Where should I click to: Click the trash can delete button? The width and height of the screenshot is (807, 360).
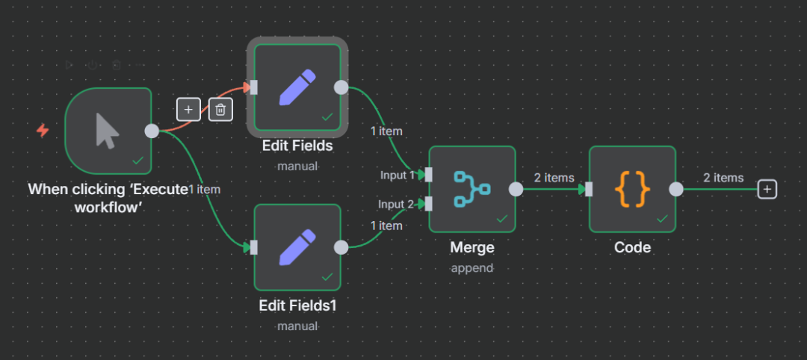[x=220, y=110]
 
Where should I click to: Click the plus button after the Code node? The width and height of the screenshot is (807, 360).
[x=767, y=190]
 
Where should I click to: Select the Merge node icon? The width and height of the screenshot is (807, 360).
[x=471, y=189]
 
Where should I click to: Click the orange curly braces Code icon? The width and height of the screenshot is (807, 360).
[x=632, y=189]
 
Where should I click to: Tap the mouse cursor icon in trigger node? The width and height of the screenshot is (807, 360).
[x=108, y=131]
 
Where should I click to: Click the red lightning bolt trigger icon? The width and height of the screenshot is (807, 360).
[x=43, y=131]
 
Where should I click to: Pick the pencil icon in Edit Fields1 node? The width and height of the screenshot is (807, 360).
[x=297, y=247]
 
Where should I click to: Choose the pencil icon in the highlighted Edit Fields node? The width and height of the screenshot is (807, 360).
[x=297, y=87]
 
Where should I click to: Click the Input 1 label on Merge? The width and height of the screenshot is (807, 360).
[x=396, y=175]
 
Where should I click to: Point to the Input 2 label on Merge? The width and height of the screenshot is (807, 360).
[x=396, y=204]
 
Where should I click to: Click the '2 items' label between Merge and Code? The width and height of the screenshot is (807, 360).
[x=554, y=178]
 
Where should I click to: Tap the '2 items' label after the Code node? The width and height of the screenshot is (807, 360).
[x=723, y=178]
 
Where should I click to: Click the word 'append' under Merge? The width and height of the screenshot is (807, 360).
[x=471, y=267]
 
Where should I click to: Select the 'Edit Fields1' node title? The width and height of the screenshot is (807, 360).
[x=297, y=305]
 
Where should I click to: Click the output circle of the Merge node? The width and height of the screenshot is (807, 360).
[x=516, y=189]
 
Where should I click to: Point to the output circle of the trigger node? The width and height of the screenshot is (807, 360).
[x=152, y=131]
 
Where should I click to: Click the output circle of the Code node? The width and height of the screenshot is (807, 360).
[x=676, y=189]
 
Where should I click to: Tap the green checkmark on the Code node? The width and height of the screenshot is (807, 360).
[x=661, y=218]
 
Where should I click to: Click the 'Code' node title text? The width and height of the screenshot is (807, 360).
[x=632, y=247]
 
